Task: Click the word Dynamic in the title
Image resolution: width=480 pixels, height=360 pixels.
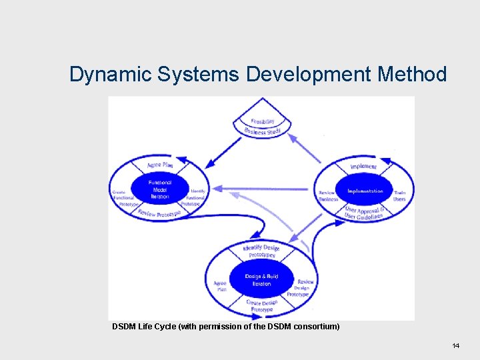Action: point(111,74)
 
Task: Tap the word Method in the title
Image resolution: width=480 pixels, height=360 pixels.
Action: point(412,74)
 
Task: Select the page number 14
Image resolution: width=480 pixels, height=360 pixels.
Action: point(456,345)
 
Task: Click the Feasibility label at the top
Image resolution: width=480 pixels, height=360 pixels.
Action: point(263,122)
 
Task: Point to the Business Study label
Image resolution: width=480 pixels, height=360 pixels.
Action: point(263,132)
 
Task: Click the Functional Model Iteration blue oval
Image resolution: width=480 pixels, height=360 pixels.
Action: point(160,189)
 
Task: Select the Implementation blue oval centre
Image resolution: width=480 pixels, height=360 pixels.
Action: point(365,191)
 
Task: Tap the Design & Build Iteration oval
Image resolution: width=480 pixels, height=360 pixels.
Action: point(261,279)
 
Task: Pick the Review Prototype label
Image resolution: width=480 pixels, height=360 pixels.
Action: point(159,213)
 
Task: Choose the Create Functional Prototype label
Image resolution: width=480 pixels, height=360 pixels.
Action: point(123,198)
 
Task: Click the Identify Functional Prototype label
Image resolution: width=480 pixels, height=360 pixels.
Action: point(196,197)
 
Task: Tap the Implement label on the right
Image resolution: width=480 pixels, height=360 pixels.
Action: point(363,167)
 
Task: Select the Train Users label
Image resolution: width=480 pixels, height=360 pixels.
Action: point(399,196)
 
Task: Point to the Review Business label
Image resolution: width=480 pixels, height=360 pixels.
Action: point(327,196)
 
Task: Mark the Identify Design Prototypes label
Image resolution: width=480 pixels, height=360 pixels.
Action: point(261,251)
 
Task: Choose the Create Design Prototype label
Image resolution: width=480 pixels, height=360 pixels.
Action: point(261,306)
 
